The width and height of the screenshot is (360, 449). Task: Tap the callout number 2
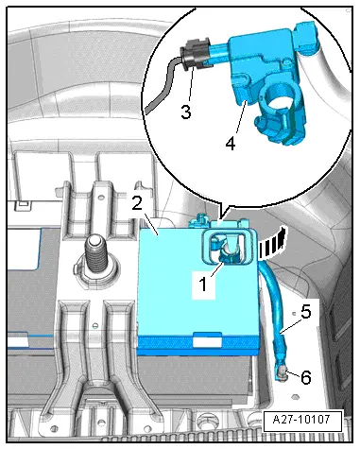[x=137, y=203]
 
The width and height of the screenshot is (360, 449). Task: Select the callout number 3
[x=186, y=112]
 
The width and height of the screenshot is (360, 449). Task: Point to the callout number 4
[x=231, y=144]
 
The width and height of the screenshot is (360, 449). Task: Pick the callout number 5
[x=306, y=311]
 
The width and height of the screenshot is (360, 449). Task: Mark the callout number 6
[x=306, y=377]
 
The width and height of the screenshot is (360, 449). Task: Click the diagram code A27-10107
[x=302, y=420]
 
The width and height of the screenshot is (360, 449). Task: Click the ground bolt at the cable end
[x=282, y=372]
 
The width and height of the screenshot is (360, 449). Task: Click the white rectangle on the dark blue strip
[x=207, y=341]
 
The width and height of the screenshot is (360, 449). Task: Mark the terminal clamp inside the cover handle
[x=228, y=253]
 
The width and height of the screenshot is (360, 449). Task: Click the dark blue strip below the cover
[x=198, y=343]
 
